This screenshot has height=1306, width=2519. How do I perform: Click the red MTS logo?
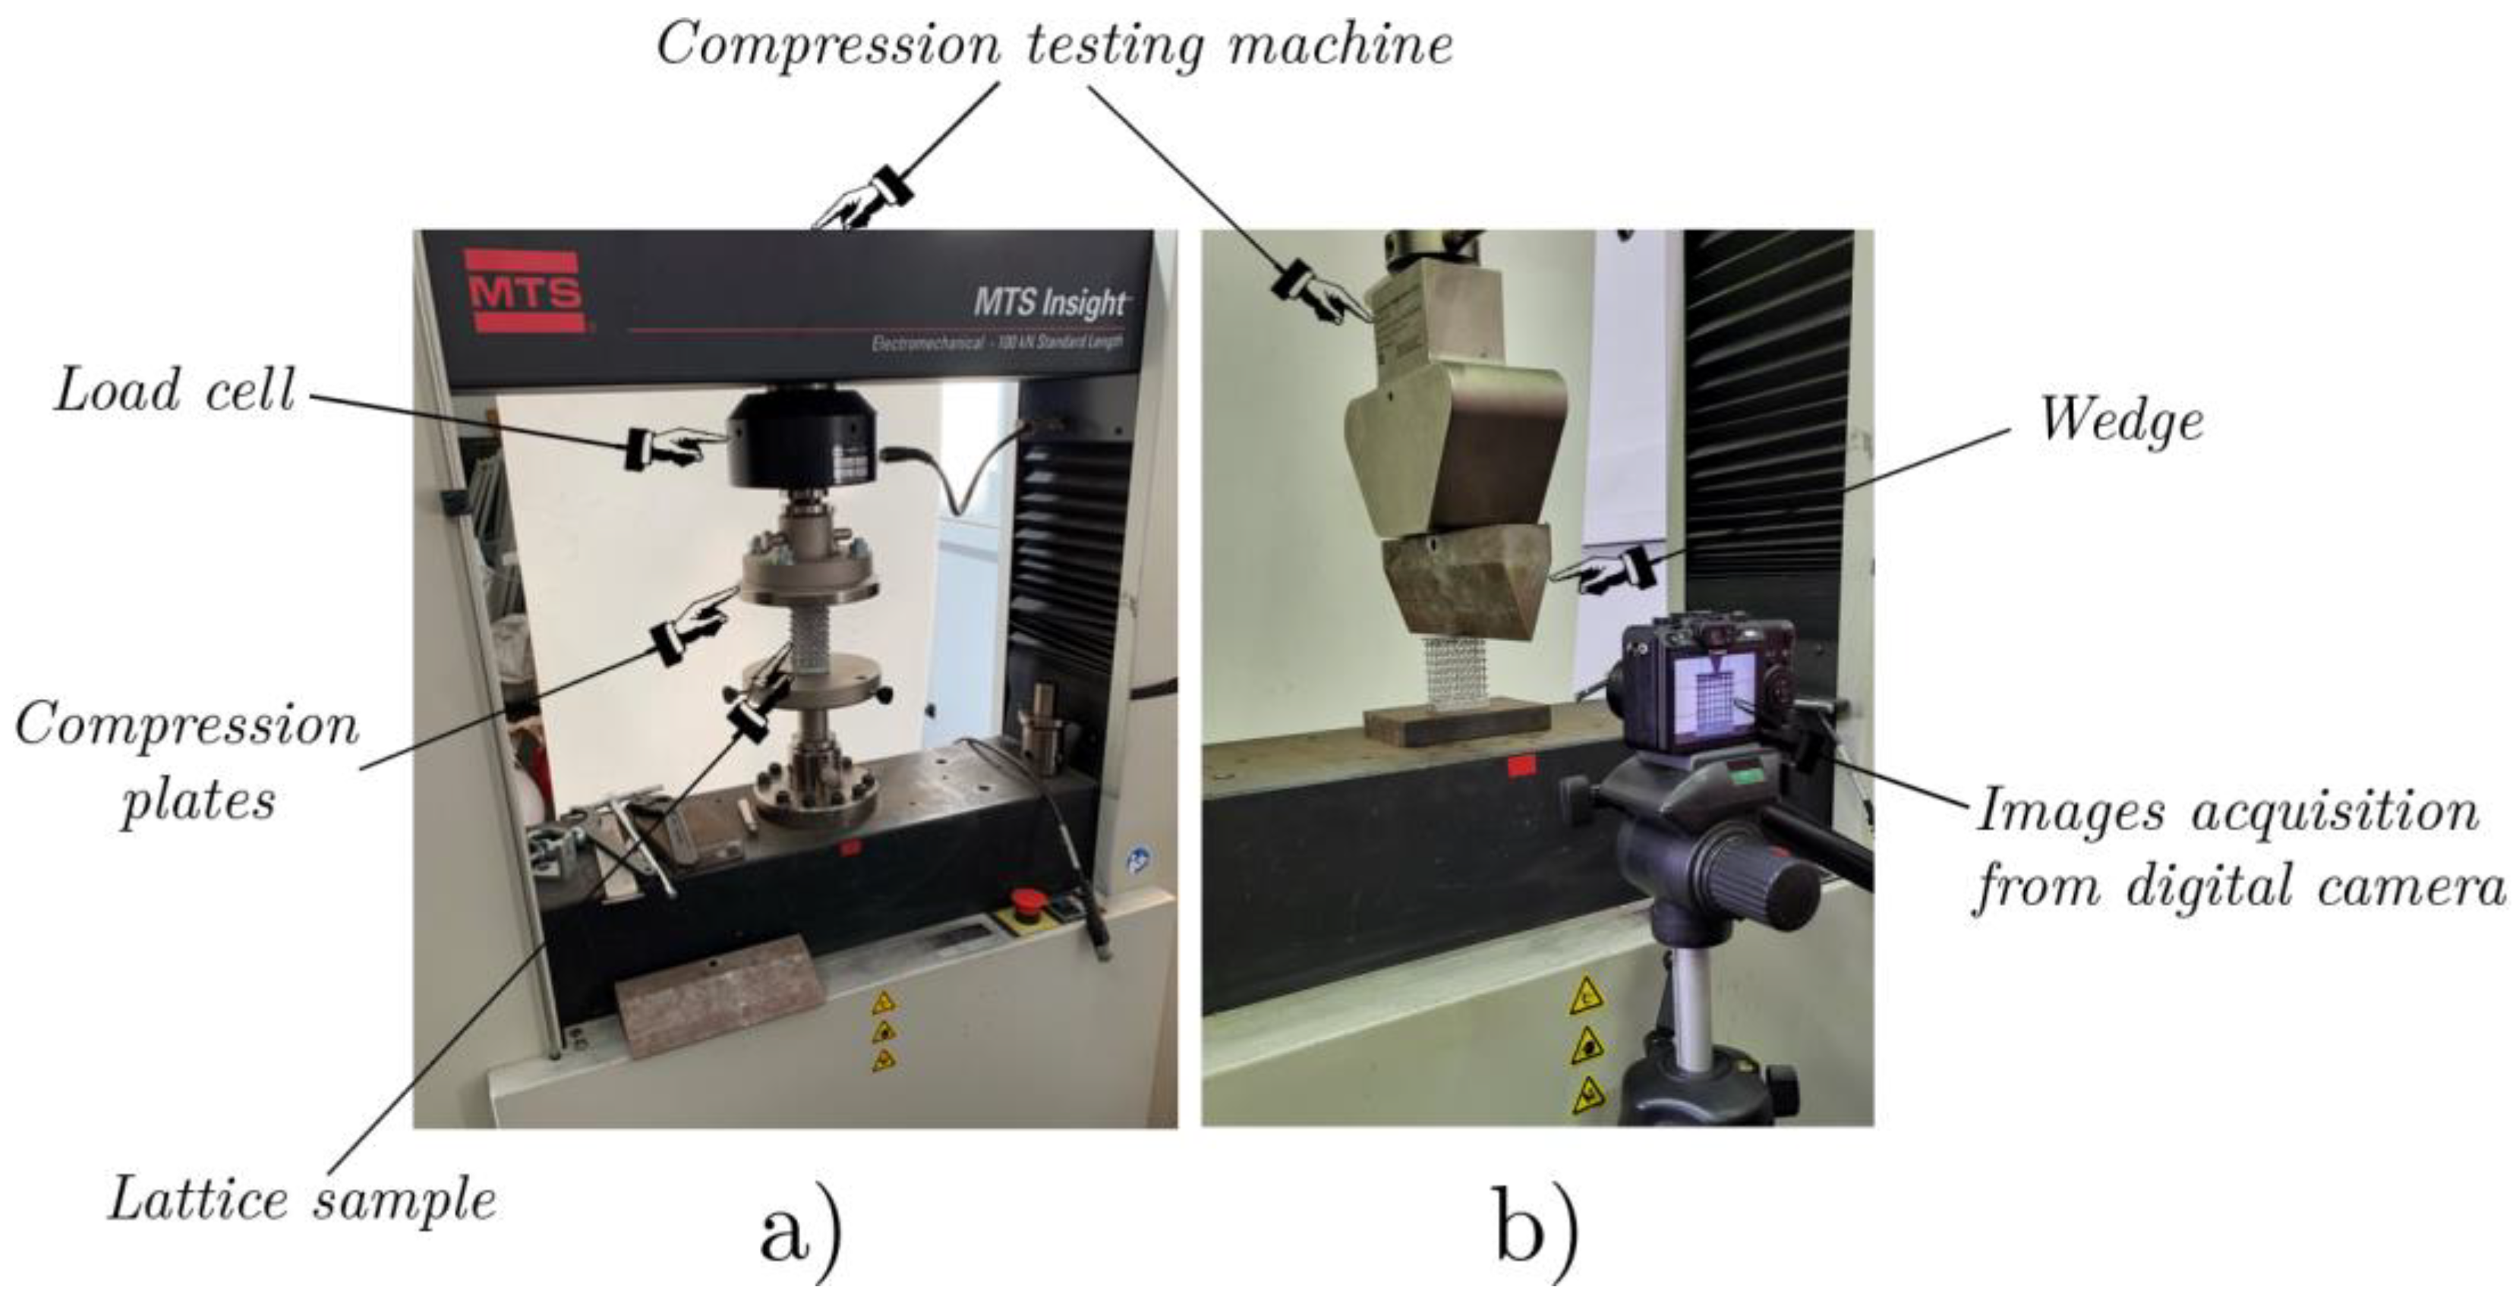(524, 291)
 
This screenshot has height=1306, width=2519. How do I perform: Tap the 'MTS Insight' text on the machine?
(1049, 303)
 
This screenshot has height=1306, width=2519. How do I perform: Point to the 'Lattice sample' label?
(302, 1200)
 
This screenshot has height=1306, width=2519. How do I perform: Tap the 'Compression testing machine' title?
(1055, 45)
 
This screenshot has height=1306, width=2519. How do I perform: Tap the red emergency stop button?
(1026, 900)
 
